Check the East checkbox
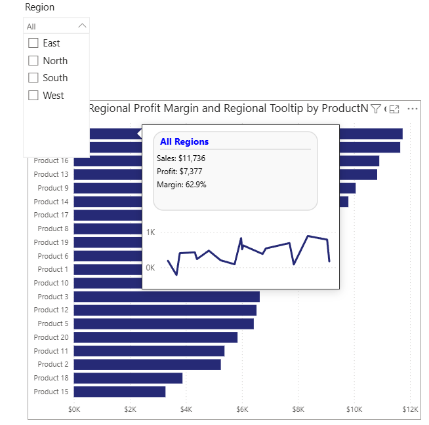(33, 43)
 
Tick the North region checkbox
(33, 61)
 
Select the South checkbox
(33, 78)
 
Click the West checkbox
(33, 96)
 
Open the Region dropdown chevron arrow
(82, 26)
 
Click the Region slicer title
(39, 7)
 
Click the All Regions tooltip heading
(184, 141)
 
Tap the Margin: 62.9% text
(182, 185)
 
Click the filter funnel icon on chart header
(376, 109)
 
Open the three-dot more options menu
(413, 109)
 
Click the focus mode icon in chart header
(394, 109)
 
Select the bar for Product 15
(119, 392)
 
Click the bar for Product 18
(128, 378)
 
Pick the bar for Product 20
(155, 337)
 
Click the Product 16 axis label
(51, 160)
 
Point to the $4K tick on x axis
(186, 409)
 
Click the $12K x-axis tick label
(410, 409)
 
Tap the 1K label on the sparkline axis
(150, 232)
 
